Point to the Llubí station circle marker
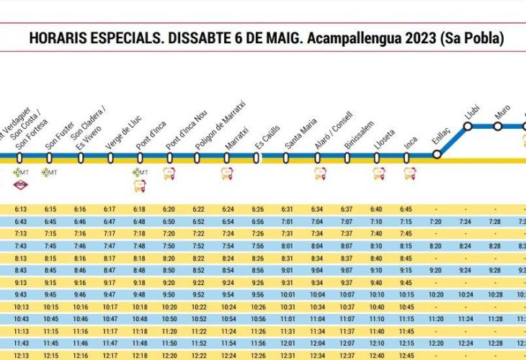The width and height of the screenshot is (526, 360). click(x=467, y=127)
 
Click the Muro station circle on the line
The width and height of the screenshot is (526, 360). click(x=497, y=127)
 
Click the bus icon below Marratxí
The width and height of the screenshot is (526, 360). click(x=227, y=174)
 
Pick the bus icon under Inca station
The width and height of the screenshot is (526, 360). click(x=409, y=174)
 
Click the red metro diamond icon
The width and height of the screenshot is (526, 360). click(x=19, y=188)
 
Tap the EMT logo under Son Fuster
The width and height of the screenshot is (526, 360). click(x=49, y=173)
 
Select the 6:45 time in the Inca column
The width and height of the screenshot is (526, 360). click(x=406, y=210)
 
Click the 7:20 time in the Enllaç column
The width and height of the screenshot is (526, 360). click(x=435, y=221)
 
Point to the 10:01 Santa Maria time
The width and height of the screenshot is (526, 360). click(x=287, y=294)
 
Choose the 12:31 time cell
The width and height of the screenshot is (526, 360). click(x=287, y=355)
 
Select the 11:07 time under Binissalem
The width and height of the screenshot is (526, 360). click(x=347, y=318)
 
